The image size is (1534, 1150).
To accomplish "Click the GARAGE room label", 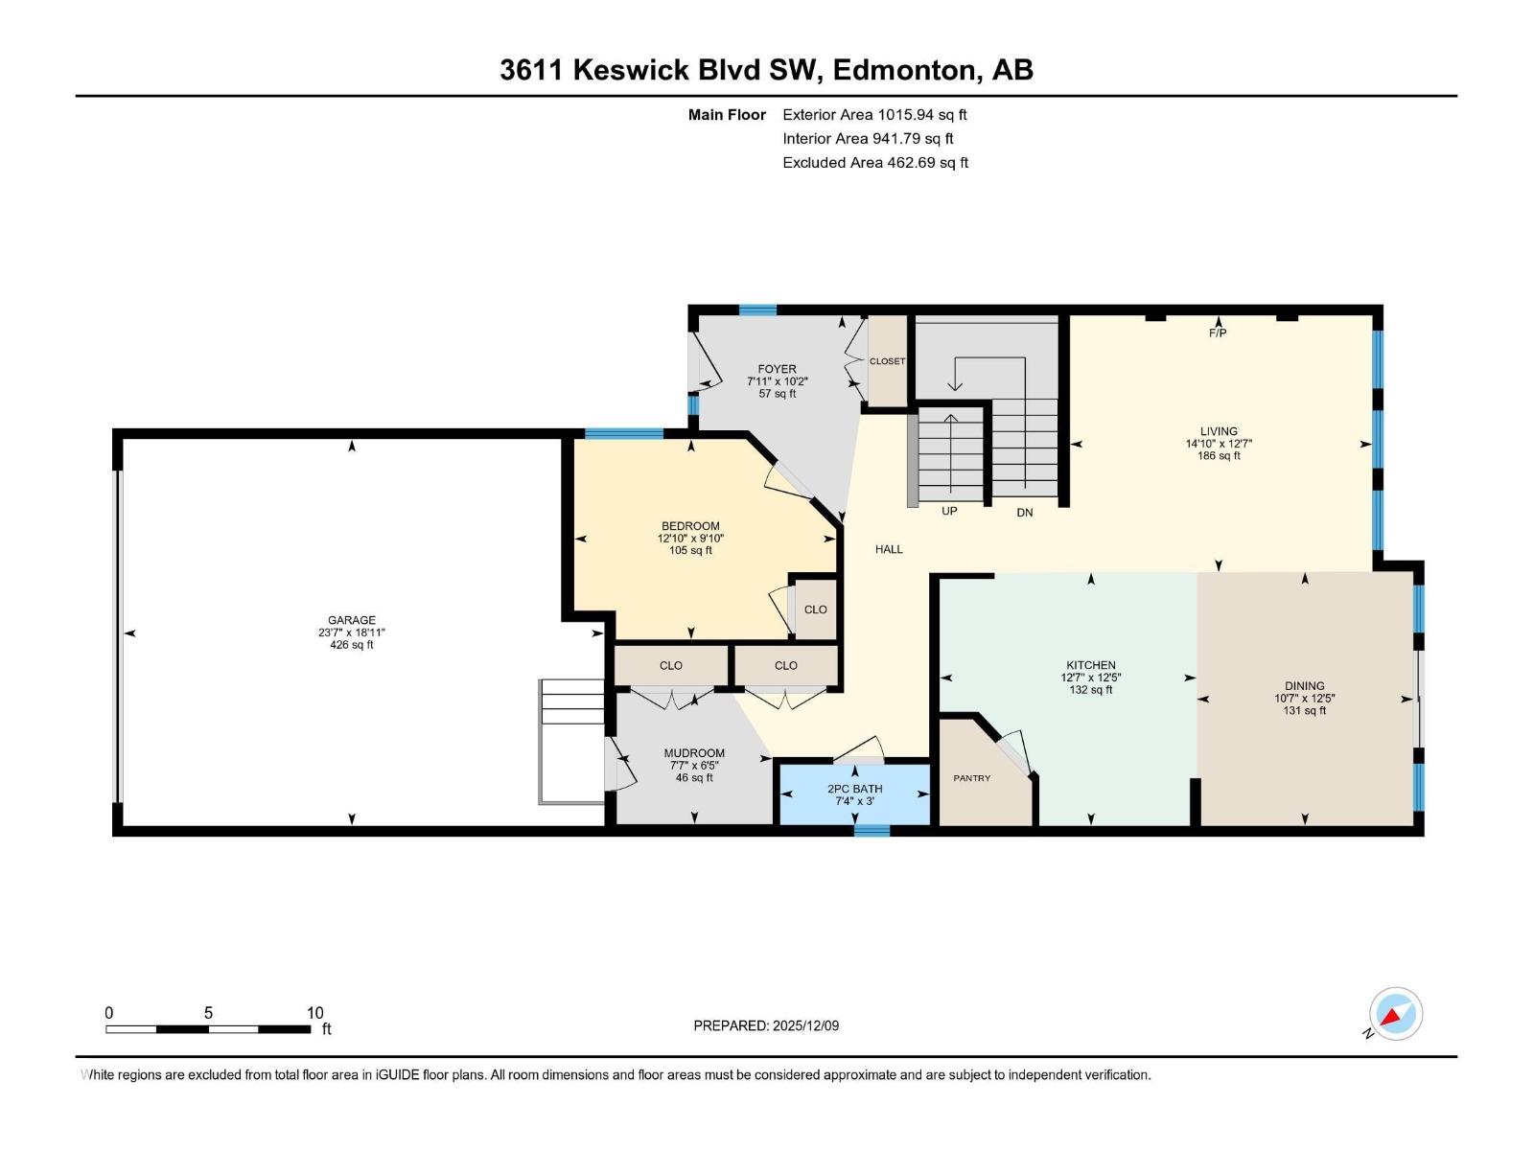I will click(x=351, y=620).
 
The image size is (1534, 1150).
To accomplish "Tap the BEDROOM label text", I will click(x=689, y=526).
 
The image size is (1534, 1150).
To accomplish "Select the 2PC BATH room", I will click(x=854, y=794).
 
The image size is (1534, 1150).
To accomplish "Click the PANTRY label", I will click(x=971, y=778).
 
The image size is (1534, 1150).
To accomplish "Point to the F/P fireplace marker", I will click(x=1217, y=333).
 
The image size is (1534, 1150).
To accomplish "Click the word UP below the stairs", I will click(x=949, y=511).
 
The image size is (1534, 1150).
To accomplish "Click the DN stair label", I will click(x=1025, y=513).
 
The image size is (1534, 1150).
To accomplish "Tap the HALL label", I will click(x=889, y=549).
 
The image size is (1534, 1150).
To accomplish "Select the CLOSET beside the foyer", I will click(x=887, y=361).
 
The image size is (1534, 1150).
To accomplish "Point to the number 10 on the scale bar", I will click(x=314, y=1013).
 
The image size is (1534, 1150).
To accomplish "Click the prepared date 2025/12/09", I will click(x=803, y=1025).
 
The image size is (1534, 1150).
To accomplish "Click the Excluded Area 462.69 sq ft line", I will click(x=874, y=163).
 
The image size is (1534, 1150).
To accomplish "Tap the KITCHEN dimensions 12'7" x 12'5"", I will click(x=1090, y=678).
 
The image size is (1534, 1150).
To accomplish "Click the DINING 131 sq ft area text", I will click(x=1304, y=710).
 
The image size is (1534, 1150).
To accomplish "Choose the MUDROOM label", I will click(x=694, y=753).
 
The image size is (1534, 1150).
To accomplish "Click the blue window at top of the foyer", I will click(x=757, y=310).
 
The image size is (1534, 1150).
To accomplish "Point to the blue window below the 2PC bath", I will click(x=872, y=831).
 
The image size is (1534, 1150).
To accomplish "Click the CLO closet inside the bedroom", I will click(x=815, y=609).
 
